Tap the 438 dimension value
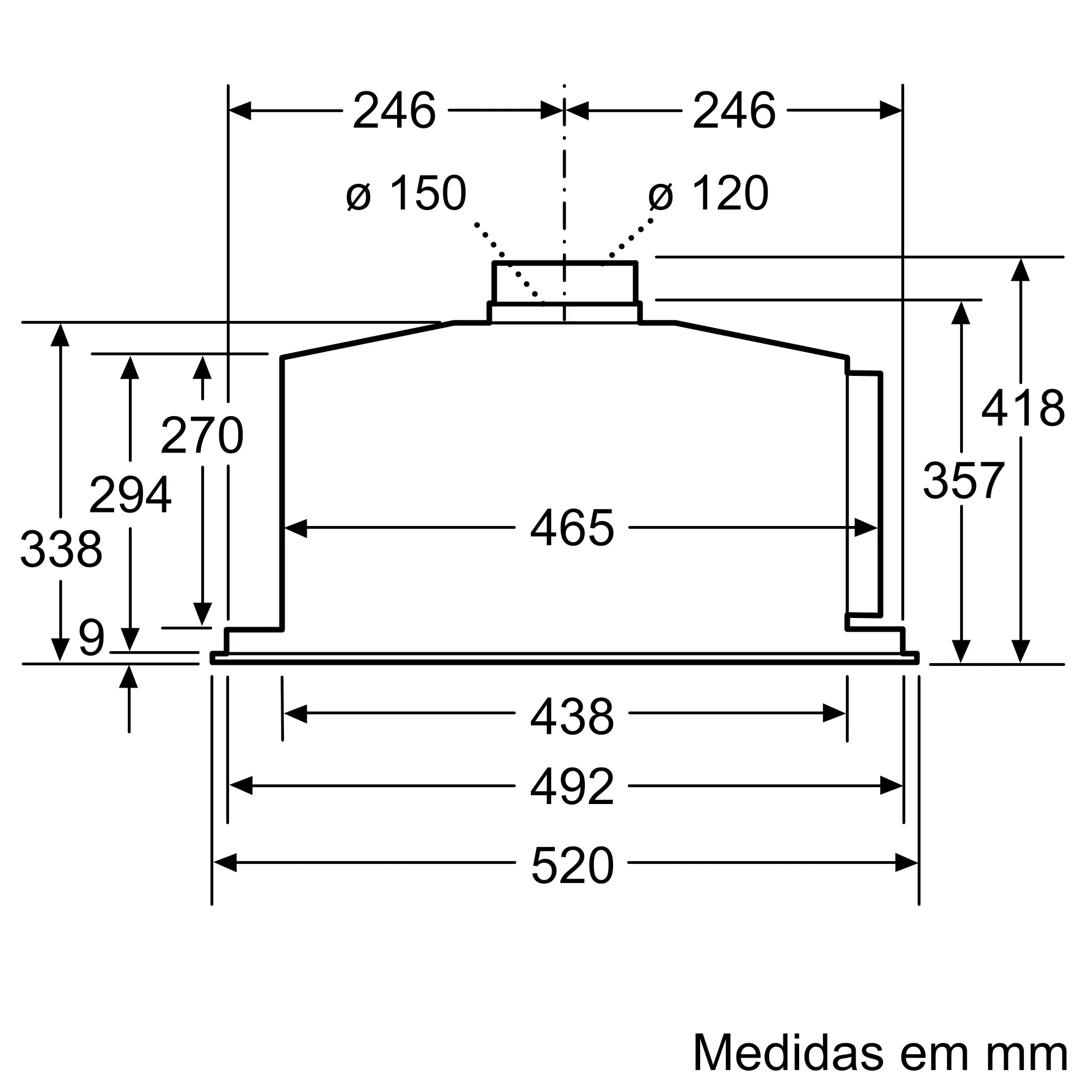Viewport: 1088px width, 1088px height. (572, 716)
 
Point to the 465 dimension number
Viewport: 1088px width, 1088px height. (572, 528)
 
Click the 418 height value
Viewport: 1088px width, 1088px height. (1023, 409)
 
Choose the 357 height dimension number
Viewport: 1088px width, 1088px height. (963, 480)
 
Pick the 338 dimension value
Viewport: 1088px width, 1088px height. (61, 549)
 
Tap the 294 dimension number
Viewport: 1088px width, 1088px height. (130, 495)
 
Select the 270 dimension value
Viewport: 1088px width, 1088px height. (202, 435)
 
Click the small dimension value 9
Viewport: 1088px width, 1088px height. (92, 638)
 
